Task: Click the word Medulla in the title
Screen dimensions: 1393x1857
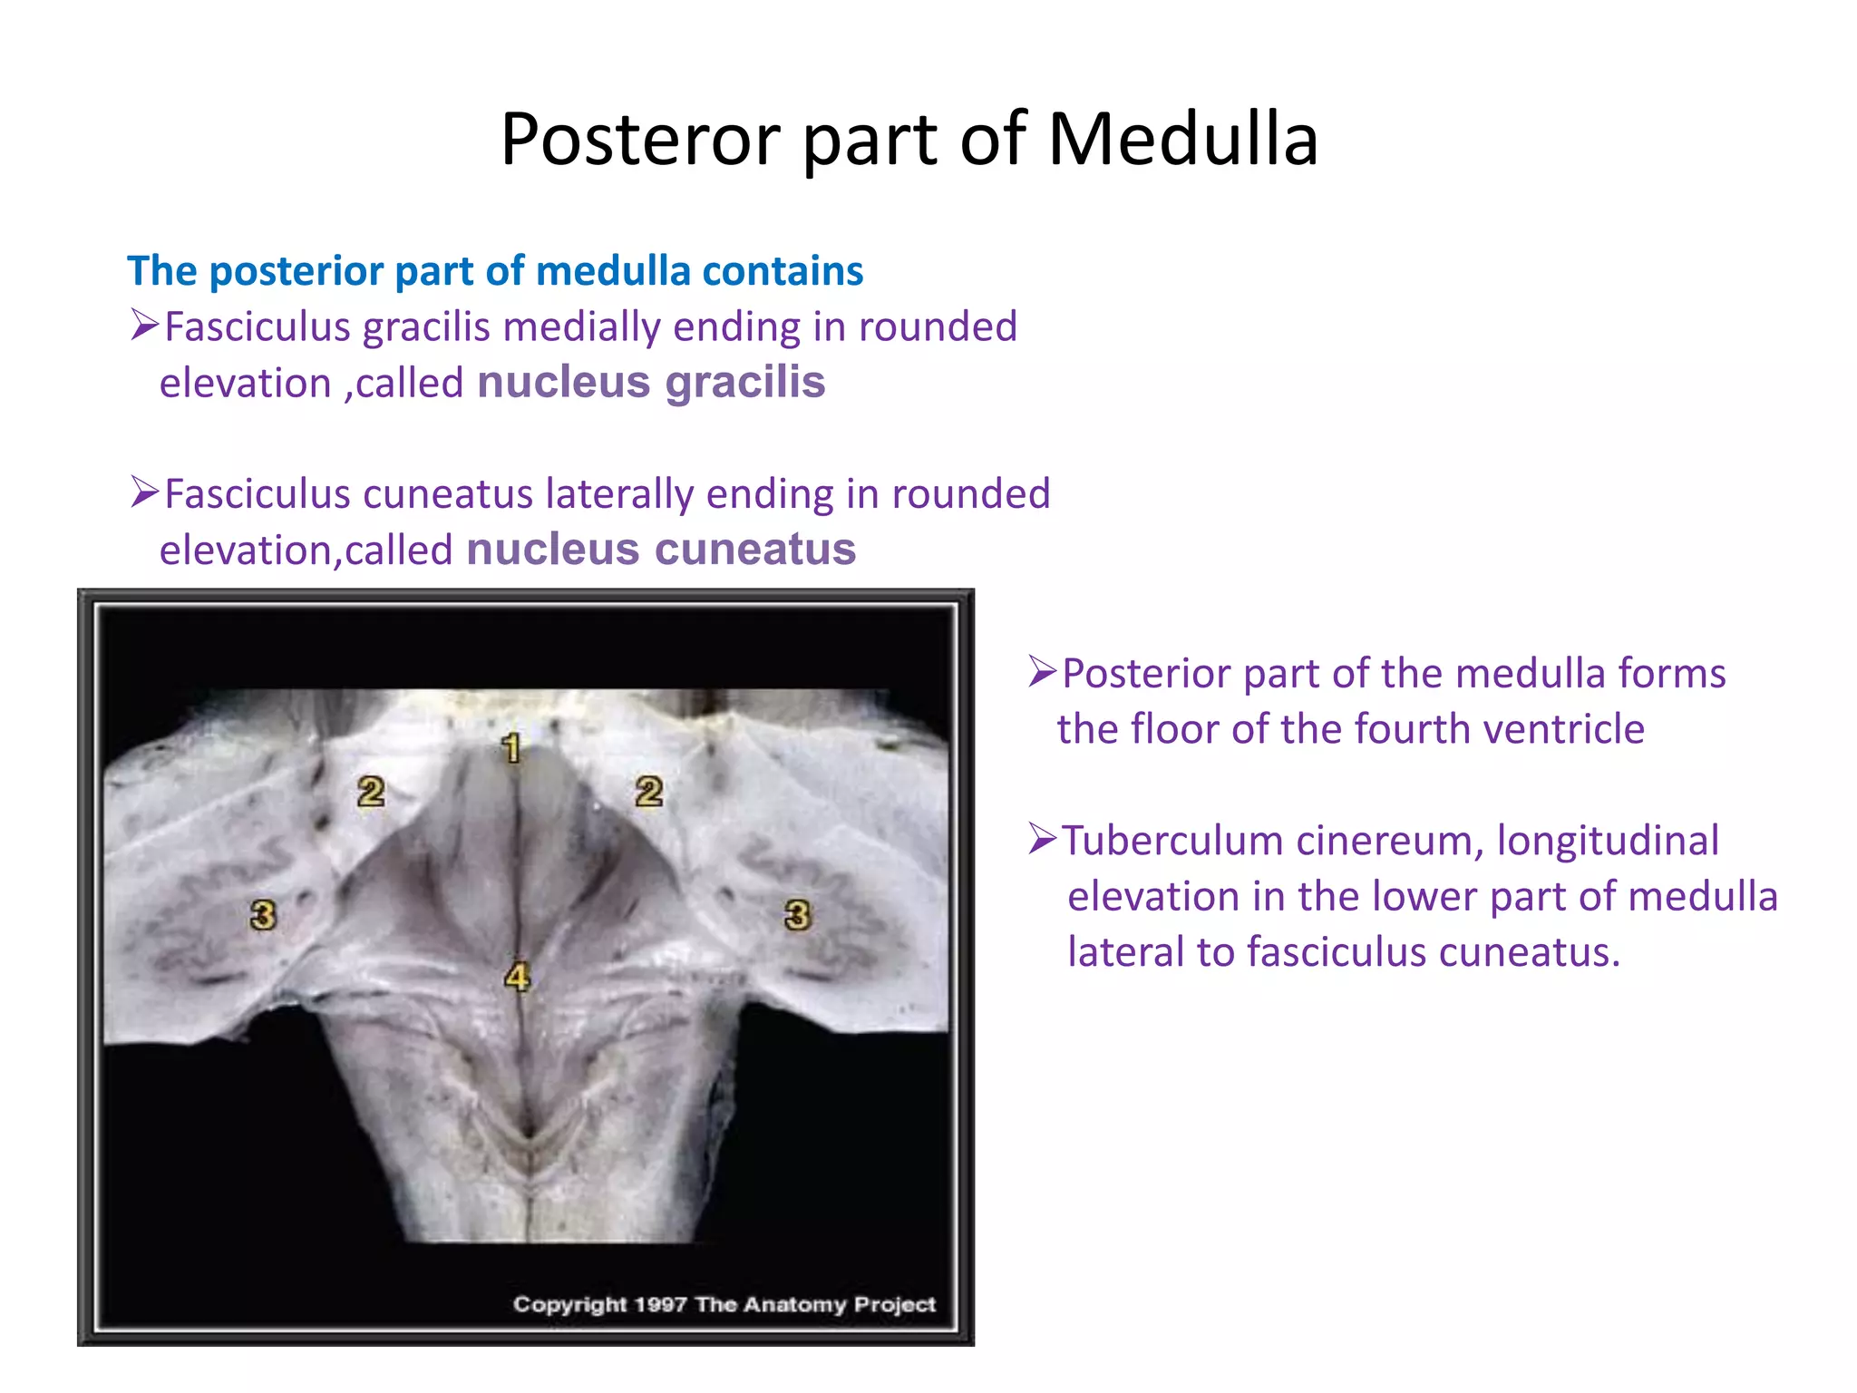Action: point(1182,140)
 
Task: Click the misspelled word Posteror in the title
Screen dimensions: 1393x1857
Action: point(640,140)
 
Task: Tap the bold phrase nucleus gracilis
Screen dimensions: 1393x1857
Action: point(651,382)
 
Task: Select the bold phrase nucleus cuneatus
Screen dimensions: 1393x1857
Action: point(661,550)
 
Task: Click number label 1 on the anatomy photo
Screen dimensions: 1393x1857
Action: point(511,748)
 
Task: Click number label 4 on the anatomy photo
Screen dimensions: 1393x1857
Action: point(517,977)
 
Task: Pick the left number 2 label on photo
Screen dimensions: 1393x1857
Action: point(370,792)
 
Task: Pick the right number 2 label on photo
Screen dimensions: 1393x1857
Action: point(648,792)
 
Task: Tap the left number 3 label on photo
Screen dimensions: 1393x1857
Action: point(263,914)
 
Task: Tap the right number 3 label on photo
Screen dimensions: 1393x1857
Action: point(797,914)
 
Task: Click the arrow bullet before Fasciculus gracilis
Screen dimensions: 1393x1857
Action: point(144,325)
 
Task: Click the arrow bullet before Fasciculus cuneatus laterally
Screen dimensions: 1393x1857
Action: point(144,492)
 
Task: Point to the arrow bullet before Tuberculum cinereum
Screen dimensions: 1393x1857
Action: point(1043,839)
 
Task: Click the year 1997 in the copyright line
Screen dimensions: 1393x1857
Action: point(660,1304)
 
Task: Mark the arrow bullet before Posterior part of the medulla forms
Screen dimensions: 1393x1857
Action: point(1043,672)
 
